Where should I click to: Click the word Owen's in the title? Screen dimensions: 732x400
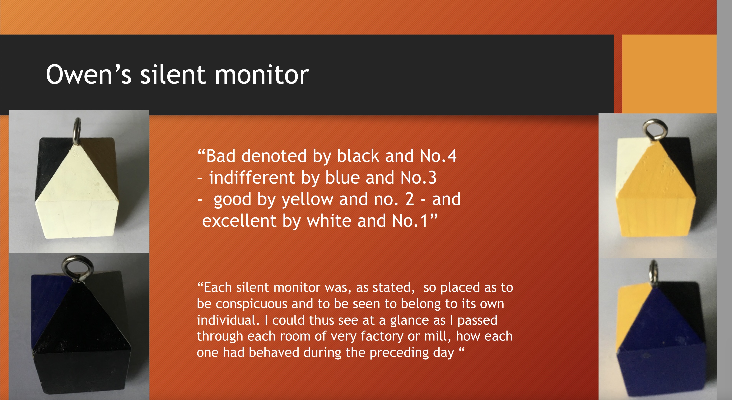point(88,74)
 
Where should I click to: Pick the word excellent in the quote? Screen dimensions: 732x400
point(239,221)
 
